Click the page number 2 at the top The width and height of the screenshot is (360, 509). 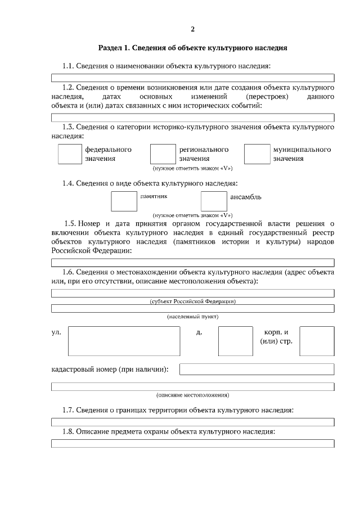click(x=192, y=29)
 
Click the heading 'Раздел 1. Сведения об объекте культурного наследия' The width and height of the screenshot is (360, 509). click(x=192, y=48)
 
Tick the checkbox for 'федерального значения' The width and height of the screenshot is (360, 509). click(x=70, y=154)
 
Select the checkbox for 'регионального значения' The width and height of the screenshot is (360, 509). click(x=163, y=154)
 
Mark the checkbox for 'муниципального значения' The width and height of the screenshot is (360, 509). click(x=257, y=154)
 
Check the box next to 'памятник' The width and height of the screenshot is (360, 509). click(x=124, y=201)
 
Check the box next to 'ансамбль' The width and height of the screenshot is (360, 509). click(x=214, y=201)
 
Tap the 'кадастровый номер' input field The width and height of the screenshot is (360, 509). click(x=256, y=370)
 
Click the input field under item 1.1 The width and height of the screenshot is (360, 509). click(x=192, y=78)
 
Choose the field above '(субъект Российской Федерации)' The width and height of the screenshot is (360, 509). click(x=192, y=293)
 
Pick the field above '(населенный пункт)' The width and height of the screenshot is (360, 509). click(x=192, y=308)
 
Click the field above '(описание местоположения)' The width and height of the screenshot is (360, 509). click(x=192, y=386)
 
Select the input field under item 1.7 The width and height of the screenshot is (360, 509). click(x=192, y=421)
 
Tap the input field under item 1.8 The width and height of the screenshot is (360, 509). click(x=192, y=443)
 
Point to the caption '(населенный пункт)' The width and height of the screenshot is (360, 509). click(x=192, y=317)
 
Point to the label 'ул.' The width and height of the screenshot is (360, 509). click(x=56, y=332)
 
